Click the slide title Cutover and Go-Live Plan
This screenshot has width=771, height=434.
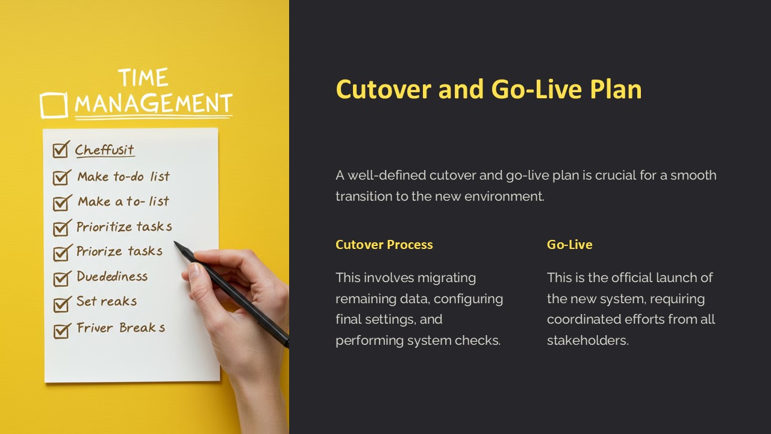point(489,89)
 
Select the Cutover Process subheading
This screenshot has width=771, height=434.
point(384,245)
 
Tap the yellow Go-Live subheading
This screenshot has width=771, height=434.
point(569,245)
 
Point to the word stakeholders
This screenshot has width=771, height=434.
point(587,341)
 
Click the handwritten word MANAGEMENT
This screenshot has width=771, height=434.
point(153,104)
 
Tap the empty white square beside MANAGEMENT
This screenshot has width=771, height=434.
point(54,105)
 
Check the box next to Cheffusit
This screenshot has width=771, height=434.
point(61,149)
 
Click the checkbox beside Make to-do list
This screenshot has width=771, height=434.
point(61,177)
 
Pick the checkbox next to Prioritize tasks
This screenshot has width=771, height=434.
point(61,228)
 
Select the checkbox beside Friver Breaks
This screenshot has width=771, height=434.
point(61,330)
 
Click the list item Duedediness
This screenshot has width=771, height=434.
point(112,277)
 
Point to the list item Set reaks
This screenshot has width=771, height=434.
point(107,301)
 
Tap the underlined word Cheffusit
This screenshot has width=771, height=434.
point(105,150)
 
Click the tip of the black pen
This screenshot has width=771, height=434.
point(176,244)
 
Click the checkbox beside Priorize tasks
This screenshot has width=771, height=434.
point(61,253)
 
